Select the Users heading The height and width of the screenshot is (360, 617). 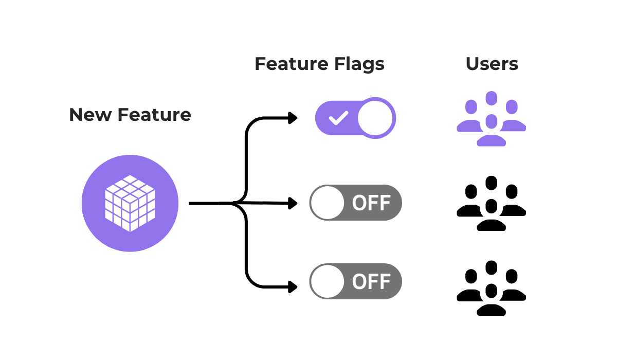(492, 64)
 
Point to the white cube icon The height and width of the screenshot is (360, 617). (130, 204)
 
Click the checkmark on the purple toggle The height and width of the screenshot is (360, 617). (338, 119)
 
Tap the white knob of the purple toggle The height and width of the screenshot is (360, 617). (375, 118)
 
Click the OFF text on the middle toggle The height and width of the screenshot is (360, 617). (371, 203)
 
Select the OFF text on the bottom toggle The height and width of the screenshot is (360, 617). (371, 281)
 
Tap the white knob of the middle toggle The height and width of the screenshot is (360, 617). (328, 203)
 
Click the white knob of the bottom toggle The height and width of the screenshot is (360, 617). (328, 281)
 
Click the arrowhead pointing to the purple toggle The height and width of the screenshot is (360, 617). (293, 118)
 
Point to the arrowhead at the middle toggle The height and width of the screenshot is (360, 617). (293, 203)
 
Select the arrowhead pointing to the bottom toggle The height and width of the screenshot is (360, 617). (293, 287)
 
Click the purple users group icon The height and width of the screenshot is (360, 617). (492, 119)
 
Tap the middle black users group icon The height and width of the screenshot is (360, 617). (492, 203)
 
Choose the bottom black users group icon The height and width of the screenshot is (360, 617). (492, 287)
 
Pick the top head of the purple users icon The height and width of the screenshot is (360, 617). (492, 98)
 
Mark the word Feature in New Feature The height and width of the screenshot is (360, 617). (154, 115)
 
